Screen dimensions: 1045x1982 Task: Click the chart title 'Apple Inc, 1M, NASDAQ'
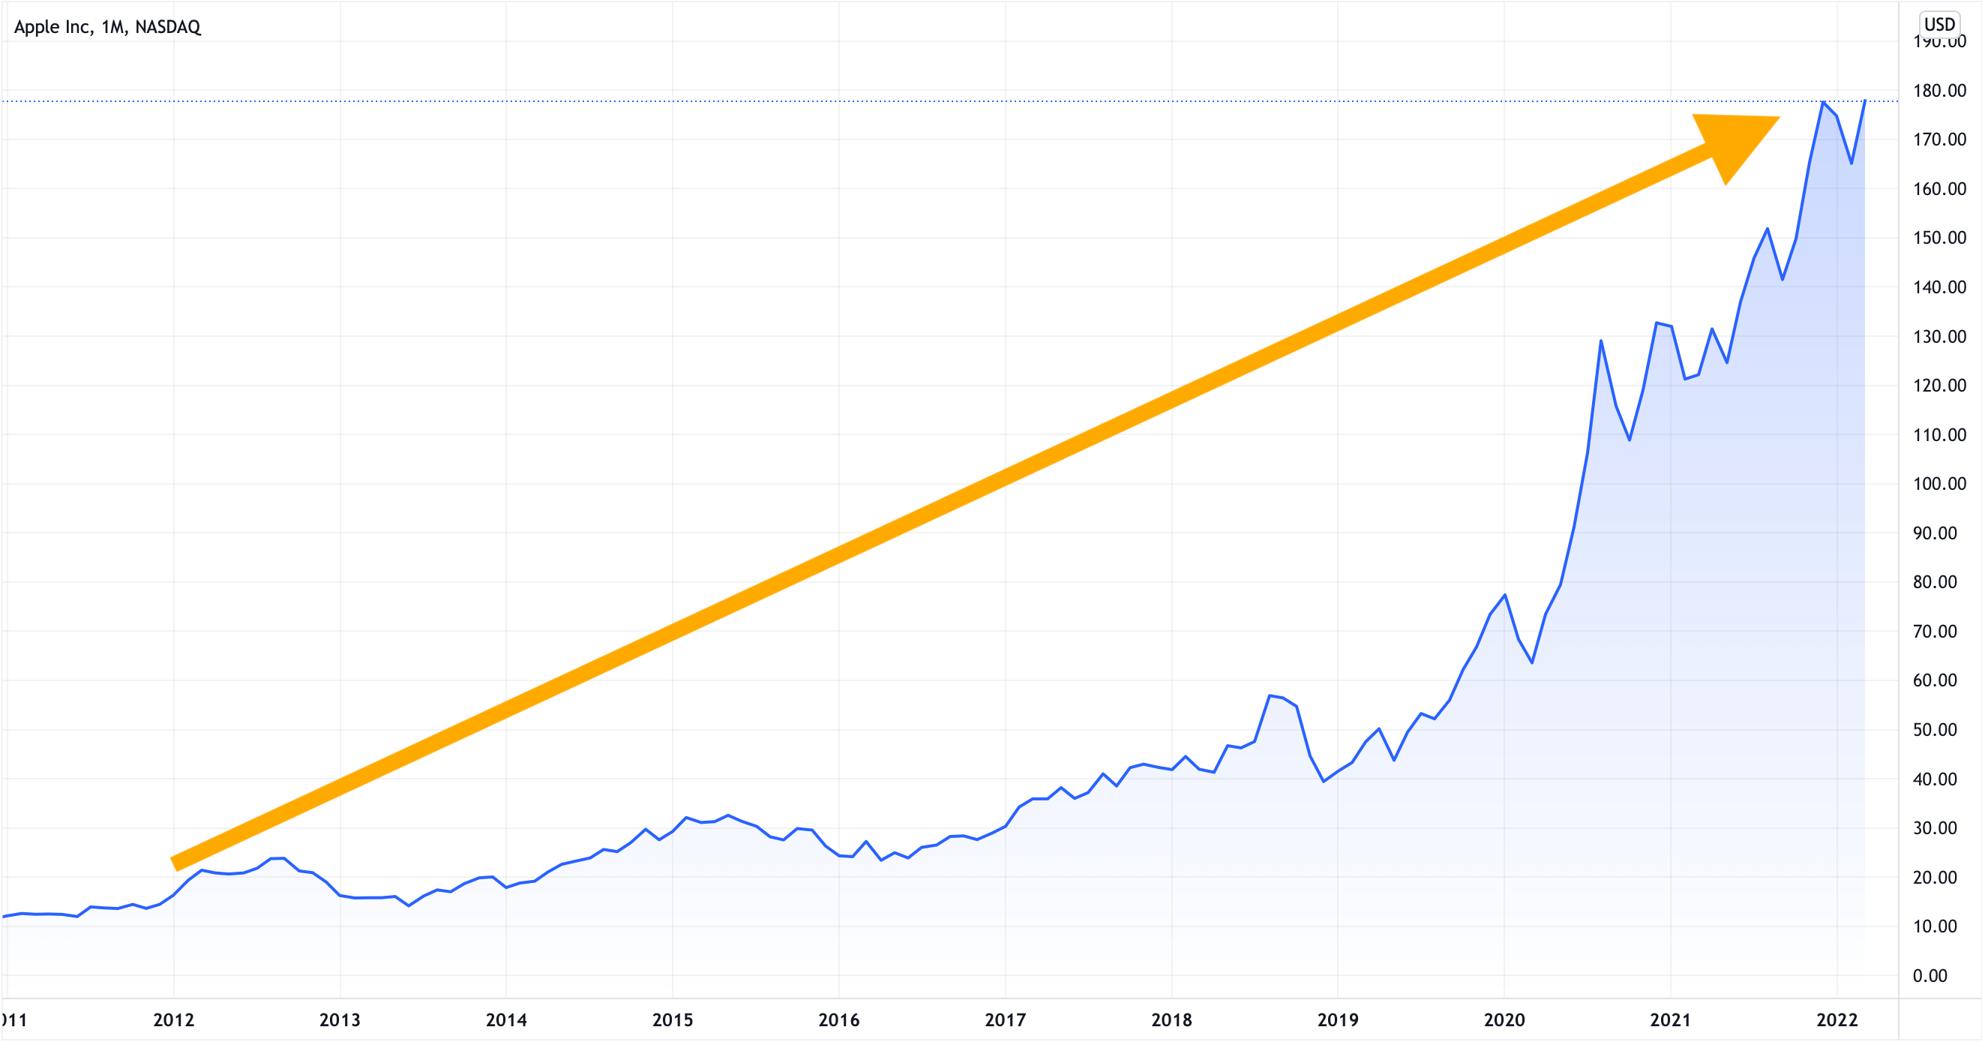107,27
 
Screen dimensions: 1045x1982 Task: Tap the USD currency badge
1939,24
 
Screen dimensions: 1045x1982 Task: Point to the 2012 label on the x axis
174,1020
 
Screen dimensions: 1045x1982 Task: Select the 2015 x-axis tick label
673,1020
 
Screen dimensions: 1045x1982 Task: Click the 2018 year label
1171,1020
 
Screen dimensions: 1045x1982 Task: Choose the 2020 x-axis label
1504,1020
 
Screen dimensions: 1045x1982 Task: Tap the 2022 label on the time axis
1837,1020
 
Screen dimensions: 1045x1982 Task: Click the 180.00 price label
1939,91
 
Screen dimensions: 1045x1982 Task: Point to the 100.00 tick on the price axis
1939,484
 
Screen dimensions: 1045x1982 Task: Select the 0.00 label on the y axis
1930,976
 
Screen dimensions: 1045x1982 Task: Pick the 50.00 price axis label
1935,729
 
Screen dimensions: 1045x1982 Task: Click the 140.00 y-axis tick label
1939,287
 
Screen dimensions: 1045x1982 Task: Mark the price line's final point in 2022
1865,100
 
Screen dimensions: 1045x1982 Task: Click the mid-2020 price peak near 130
1601,340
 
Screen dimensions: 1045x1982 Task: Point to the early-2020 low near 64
1532,662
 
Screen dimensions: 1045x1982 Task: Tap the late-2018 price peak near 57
1270,695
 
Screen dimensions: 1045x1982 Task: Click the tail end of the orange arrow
175,863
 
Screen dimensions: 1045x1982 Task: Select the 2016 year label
838,1020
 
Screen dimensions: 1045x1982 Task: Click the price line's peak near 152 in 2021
1768,229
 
